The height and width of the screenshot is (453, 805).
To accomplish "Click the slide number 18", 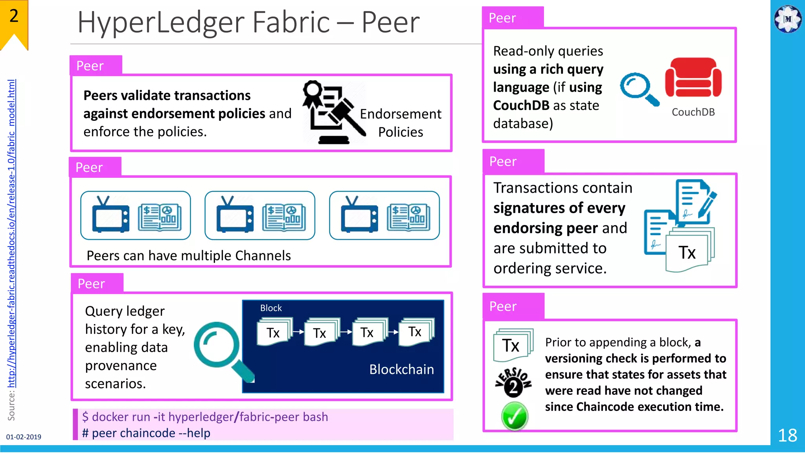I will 787,435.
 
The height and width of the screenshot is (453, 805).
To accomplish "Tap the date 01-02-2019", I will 24,437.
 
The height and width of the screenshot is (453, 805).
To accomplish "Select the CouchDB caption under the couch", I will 693,112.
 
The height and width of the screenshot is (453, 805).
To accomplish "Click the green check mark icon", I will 514,416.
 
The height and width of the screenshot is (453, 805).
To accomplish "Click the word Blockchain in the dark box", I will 401,369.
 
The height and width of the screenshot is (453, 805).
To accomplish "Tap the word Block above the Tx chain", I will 271,308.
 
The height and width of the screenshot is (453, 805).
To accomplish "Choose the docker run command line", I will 205,417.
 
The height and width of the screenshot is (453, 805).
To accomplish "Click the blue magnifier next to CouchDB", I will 639,89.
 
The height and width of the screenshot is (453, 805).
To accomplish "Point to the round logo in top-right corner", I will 787,18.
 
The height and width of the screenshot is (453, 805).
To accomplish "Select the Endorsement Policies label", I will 401,123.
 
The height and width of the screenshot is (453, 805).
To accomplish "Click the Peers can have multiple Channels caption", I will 189,256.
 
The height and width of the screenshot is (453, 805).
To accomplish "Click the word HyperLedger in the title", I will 161,22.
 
